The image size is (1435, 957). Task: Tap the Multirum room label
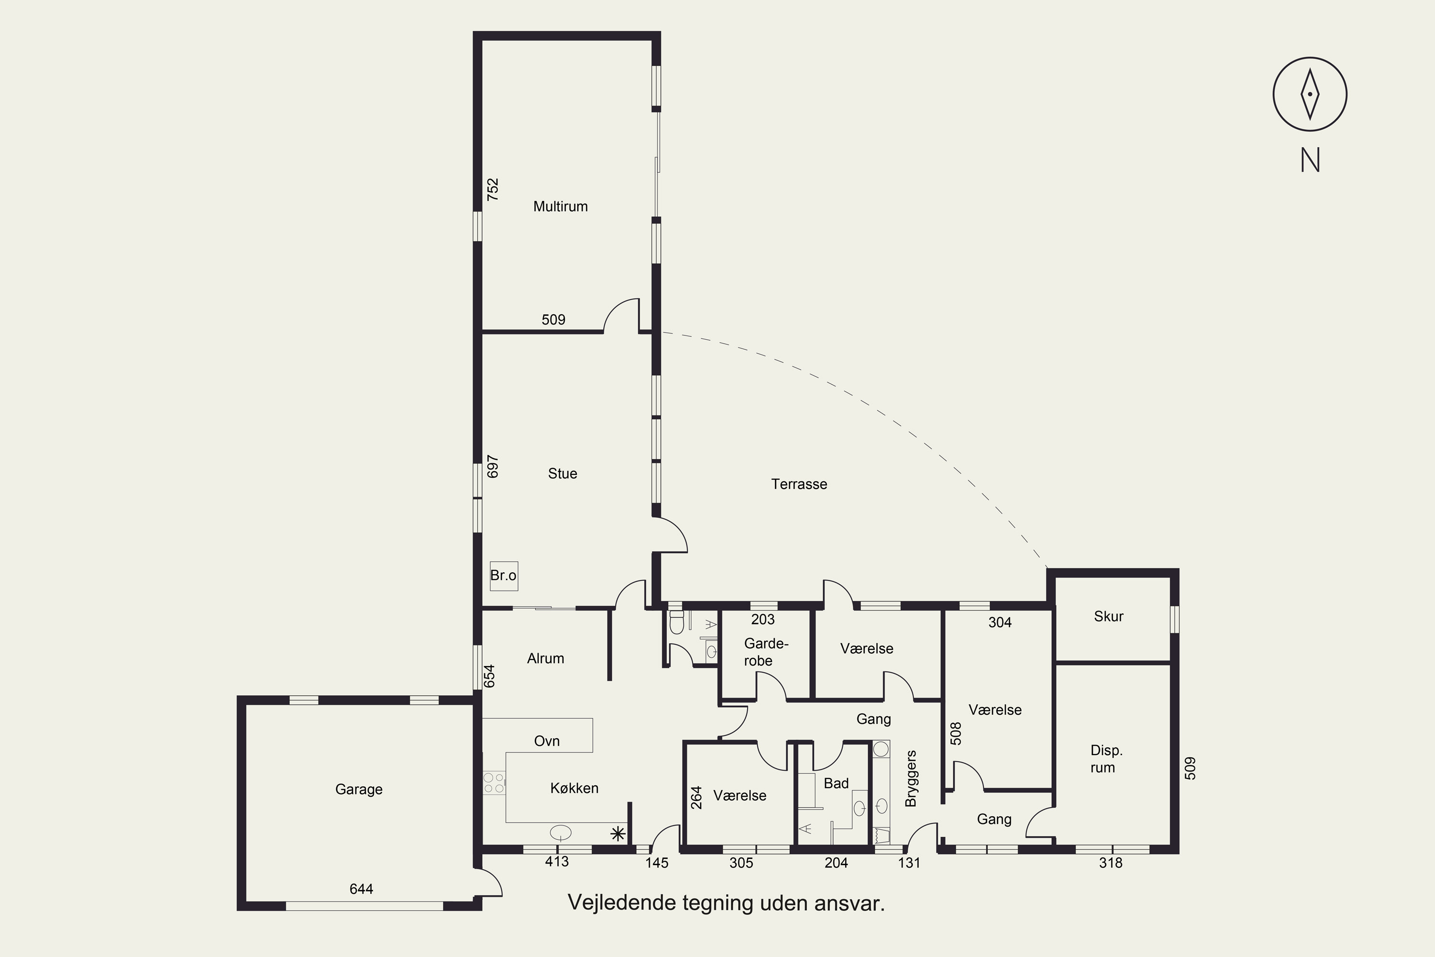click(x=560, y=206)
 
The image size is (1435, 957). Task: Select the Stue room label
click(x=562, y=474)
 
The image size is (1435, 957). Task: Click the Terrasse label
click(x=799, y=484)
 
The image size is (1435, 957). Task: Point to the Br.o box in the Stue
click(x=503, y=576)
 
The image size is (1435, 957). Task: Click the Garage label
click(x=359, y=789)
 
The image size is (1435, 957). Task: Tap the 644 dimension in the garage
click(x=361, y=889)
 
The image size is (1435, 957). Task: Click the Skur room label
click(x=1108, y=616)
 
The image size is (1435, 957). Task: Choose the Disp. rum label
click(x=1105, y=758)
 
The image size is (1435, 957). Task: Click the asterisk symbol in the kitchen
click(x=618, y=834)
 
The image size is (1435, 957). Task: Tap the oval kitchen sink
click(x=560, y=832)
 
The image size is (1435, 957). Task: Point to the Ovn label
click(x=547, y=741)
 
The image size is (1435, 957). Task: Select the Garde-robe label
click(x=766, y=652)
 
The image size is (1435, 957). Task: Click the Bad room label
click(x=836, y=783)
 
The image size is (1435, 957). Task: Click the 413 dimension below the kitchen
click(x=556, y=861)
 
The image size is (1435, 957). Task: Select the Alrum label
click(x=545, y=658)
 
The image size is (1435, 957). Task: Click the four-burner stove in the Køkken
click(x=494, y=783)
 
